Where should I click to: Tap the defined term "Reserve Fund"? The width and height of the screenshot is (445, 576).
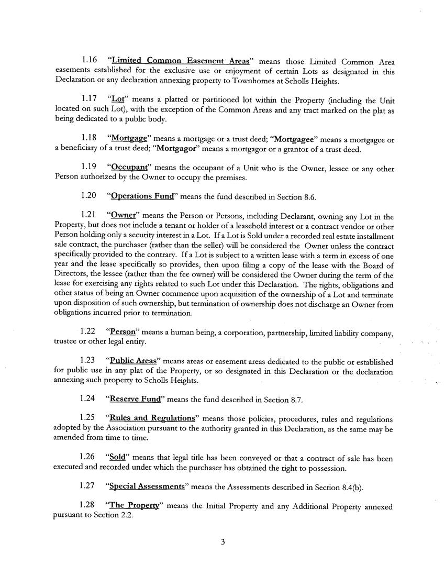click(135, 400)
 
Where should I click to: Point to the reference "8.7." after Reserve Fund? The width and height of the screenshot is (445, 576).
click(297, 400)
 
